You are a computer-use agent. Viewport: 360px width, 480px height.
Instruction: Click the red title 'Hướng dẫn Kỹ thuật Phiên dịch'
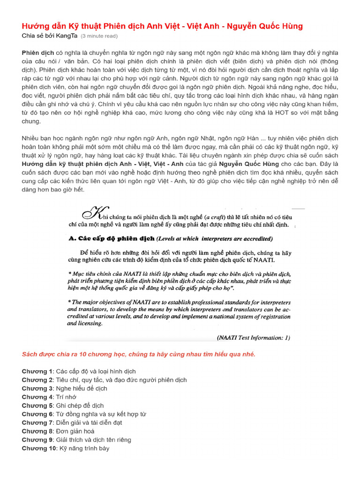pyautogui.click(x=162, y=26)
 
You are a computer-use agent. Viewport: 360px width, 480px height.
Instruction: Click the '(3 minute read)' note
pyautogui.click(x=99, y=36)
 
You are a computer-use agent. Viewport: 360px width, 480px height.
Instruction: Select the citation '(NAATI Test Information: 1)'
pyautogui.click(x=254, y=337)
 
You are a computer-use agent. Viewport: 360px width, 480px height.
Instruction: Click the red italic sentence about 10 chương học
pyautogui.click(x=138, y=354)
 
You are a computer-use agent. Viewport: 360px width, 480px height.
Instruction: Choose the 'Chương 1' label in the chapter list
pyautogui.click(x=37, y=371)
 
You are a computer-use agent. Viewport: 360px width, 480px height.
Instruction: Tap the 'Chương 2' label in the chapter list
pyautogui.click(x=37, y=380)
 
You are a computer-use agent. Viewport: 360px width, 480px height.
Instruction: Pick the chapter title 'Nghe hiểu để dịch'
pyautogui.click(x=82, y=389)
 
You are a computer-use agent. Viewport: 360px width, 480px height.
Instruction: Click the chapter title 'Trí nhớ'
pyautogui.click(x=66, y=397)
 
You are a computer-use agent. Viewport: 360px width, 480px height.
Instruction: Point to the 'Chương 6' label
pyautogui.click(x=37, y=414)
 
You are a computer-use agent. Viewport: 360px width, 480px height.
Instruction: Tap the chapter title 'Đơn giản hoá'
pyautogui.click(x=75, y=431)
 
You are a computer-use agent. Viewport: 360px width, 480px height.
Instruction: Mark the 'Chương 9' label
pyautogui.click(x=37, y=440)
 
